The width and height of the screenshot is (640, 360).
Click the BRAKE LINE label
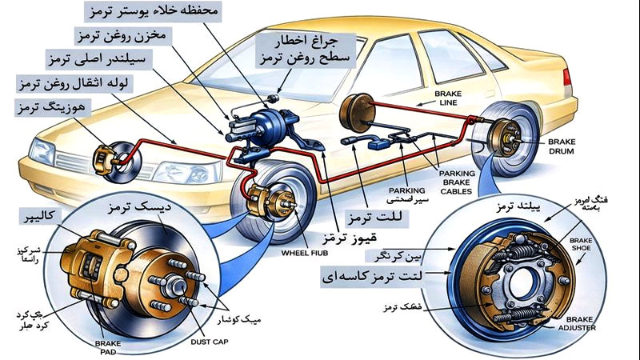pos(448,98)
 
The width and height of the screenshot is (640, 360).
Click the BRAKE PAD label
pos(107,347)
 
